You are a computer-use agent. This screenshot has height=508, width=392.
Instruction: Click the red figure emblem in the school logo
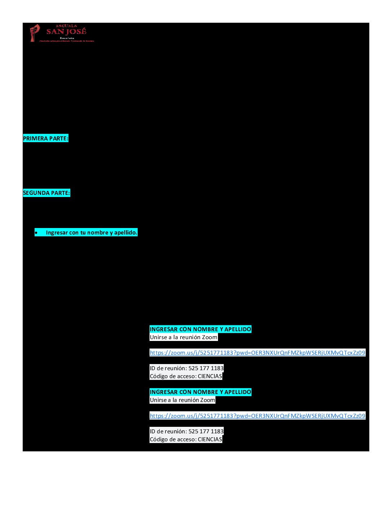(35, 32)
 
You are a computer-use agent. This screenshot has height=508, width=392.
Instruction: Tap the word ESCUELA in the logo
(66, 26)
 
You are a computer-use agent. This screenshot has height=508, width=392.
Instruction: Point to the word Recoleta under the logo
(67, 38)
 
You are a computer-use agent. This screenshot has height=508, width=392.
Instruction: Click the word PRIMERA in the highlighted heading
(35, 139)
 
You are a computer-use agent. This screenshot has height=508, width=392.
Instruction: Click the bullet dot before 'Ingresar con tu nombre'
(36, 233)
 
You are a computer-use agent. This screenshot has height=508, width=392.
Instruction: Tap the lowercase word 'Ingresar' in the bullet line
(57, 233)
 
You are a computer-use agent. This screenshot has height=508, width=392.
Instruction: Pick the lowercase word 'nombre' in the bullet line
(98, 233)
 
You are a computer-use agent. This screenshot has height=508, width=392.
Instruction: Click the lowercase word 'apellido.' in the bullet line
(126, 233)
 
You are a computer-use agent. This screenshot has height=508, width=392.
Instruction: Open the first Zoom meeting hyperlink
(257, 352)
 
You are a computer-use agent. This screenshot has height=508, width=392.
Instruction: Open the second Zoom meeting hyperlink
(257, 416)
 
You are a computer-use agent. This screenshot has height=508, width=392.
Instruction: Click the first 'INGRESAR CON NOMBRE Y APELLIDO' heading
(200, 329)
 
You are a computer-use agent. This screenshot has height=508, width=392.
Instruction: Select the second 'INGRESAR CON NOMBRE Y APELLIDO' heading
(200, 392)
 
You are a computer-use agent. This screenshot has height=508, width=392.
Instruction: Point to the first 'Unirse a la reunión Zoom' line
(183, 337)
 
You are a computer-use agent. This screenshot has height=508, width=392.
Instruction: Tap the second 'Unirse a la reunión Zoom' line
(182, 400)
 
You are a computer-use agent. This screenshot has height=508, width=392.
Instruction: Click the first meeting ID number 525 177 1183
(206, 368)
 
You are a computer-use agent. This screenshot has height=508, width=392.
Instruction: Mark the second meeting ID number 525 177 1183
(206, 432)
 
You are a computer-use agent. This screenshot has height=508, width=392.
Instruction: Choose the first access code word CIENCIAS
(210, 376)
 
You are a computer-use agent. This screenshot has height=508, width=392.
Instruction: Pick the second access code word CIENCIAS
(210, 439)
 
